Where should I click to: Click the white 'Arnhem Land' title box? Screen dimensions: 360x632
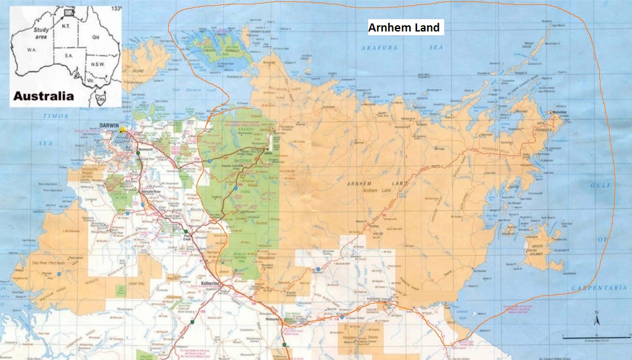[x=403, y=28]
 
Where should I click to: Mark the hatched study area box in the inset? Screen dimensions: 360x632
[x=68, y=11]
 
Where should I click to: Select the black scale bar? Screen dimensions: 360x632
[x=588, y=337]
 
